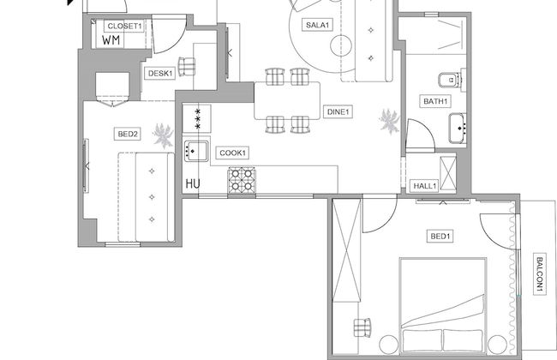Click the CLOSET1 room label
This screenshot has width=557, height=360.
(124, 27)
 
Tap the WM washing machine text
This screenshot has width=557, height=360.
(111, 39)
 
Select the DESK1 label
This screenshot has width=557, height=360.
(160, 74)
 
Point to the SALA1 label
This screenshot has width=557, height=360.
(318, 25)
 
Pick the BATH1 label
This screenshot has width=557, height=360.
(435, 102)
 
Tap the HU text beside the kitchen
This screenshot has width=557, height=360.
(193, 183)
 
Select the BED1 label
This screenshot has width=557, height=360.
(440, 235)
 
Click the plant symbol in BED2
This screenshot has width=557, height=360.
(163, 133)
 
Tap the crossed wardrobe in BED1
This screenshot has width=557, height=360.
(347, 249)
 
